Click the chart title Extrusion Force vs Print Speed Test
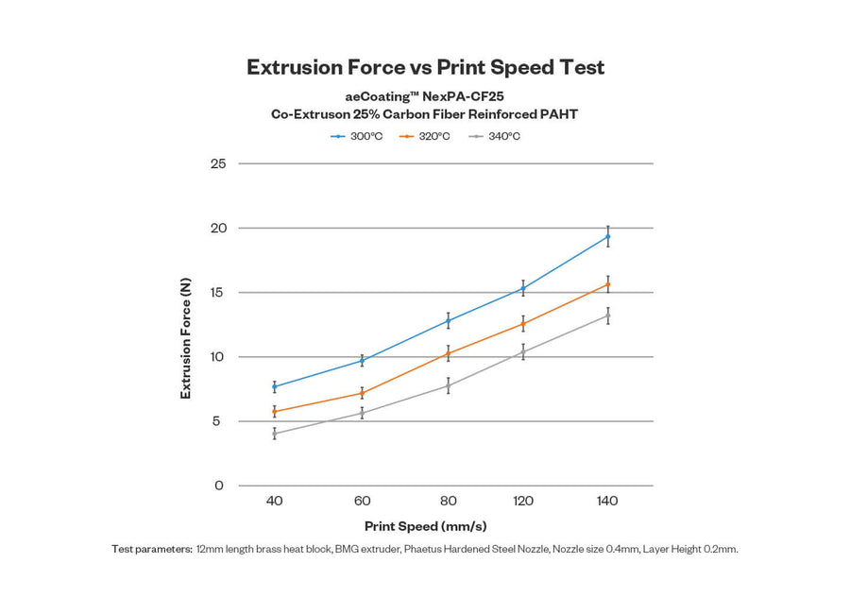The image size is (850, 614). [x=425, y=67]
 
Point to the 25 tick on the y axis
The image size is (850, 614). [x=218, y=163]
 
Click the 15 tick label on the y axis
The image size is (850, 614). [x=218, y=292]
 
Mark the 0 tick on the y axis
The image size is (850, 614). [x=219, y=486]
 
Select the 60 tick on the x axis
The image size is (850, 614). [x=362, y=501]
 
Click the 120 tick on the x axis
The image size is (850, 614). [x=523, y=501]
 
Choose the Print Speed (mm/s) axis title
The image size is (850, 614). [x=425, y=526]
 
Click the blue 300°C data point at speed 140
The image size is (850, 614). [x=607, y=236]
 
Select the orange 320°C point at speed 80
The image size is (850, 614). [x=448, y=353]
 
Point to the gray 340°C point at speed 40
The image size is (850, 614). [x=274, y=434]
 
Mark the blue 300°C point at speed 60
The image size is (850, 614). [x=362, y=361]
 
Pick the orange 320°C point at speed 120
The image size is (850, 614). [x=523, y=324]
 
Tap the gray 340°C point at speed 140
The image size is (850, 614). [x=607, y=316]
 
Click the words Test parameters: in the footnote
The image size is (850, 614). [x=152, y=549]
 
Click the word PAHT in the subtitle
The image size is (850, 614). [x=558, y=114]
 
